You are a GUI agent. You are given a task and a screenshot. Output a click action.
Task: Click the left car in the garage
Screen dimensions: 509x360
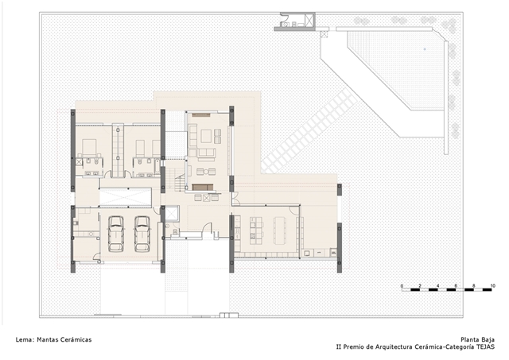(116, 234)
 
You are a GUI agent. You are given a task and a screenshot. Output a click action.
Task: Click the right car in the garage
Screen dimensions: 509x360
(142, 234)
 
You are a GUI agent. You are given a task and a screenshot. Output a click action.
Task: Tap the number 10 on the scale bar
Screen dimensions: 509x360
(493, 286)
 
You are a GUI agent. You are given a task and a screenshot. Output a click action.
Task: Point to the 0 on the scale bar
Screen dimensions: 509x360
(402, 286)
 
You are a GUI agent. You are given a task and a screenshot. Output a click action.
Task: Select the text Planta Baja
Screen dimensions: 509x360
(477, 339)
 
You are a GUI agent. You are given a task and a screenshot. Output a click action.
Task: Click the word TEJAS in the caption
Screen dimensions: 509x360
(486, 346)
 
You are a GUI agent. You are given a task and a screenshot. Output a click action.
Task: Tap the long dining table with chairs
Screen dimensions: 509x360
(280, 230)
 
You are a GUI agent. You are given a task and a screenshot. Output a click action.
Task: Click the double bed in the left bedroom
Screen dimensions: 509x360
(89, 149)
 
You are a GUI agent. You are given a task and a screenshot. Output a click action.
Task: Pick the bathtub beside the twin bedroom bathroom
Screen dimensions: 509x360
(157, 168)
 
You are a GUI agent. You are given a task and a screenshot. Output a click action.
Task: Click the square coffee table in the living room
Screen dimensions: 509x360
(206, 136)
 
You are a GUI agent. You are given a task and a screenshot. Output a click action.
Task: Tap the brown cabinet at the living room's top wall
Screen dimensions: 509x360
(201, 114)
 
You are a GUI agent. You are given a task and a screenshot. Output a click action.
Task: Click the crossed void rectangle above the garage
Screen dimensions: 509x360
(126, 197)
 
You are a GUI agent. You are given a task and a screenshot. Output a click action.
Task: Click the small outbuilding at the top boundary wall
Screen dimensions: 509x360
(295, 21)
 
